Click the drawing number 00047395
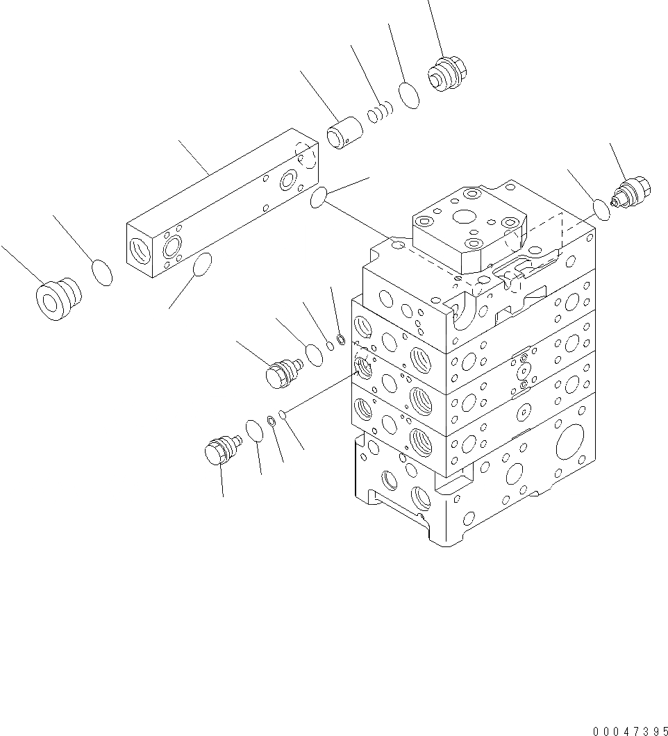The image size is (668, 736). (x=630, y=730)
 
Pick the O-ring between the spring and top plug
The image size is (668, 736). (x=409, y=96)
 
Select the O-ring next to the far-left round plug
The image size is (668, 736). (x=102, y=272)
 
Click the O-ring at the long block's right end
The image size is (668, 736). (x=319, y=198)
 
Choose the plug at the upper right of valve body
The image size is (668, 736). (x=632, y=192)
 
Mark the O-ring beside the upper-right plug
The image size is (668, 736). (x=601, y=208)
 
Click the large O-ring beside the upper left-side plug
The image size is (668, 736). (x=314, y=355)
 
